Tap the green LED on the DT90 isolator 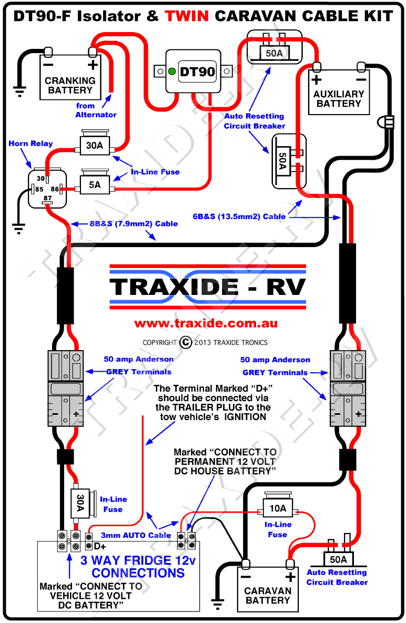[x=171, y=72]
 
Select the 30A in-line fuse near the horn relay [x=94, y=145]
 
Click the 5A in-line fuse [x=94, y=185]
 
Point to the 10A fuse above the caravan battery [x=278, y=508]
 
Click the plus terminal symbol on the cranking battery [x=93, y=65]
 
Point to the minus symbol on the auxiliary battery [x=361, y=79]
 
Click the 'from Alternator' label [x=96, y=110]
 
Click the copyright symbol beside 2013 [x=186, y=342]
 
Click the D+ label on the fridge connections [x=100, y=547]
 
